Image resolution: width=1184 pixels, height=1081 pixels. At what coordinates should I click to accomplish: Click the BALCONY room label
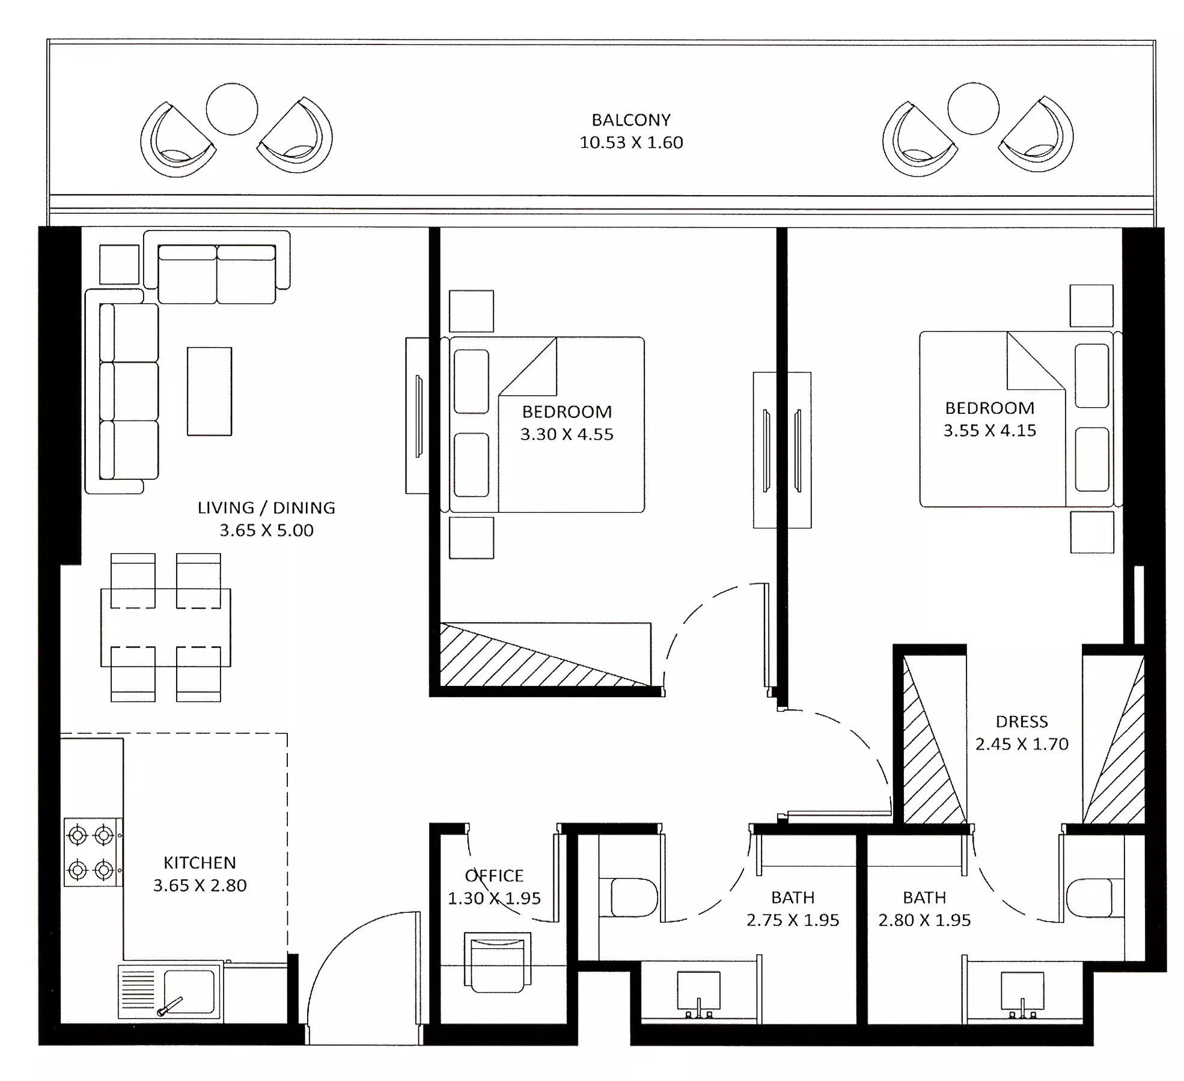point(631,120)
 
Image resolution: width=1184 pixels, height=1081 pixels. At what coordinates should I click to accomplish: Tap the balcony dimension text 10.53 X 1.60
point(631,142)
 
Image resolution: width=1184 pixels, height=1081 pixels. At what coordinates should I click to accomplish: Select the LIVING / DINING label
point(266,508)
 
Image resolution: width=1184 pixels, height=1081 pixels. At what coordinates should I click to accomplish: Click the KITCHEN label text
point(200,863)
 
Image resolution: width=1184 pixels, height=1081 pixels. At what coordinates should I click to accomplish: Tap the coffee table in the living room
point(209,391)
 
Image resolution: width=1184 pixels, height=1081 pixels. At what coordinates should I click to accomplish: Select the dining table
point(165,628)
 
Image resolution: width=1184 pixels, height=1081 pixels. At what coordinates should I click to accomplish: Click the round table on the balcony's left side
point(232,109)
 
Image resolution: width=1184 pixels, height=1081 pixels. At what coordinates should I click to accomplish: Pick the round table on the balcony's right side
point(973,109)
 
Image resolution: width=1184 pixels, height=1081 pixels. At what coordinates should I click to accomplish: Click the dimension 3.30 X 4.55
point(567,434)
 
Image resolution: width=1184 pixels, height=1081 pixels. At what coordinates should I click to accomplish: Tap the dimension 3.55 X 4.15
point(990,431)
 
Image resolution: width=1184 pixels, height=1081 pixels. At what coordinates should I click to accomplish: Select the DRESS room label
point(1022,721)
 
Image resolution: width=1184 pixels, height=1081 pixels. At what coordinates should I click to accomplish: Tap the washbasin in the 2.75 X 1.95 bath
point(698,991)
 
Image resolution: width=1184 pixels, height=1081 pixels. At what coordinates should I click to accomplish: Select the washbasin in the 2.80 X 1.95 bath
point(1022,991)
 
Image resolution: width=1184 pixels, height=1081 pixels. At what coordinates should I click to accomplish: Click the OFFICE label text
point(494,876)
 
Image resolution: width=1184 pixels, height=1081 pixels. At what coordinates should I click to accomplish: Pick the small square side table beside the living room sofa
point(119,264)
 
